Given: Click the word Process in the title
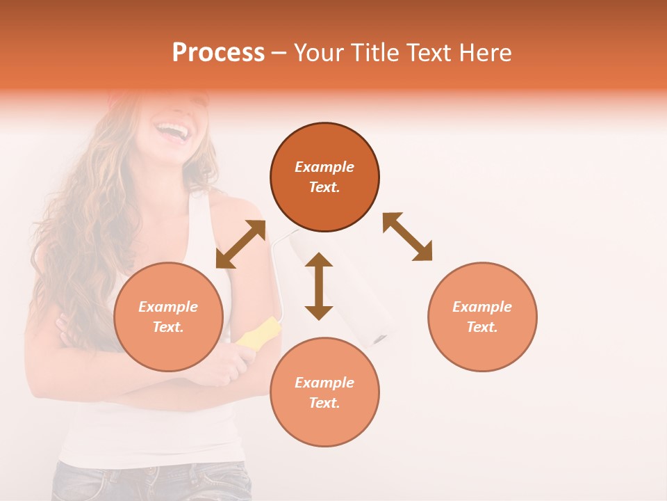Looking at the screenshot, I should pos(218,53).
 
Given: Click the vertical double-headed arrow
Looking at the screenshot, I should pos(319,286).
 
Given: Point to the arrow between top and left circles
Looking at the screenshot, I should pos(240,244).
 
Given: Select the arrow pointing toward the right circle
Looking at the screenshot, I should pos(408,237).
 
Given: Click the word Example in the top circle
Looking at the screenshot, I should pos(324,167).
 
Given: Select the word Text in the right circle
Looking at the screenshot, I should pos(482,327).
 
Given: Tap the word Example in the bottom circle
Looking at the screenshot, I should pos(324,383).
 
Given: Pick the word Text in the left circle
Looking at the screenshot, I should pos(168,327).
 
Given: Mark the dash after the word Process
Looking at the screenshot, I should pos(279,54).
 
